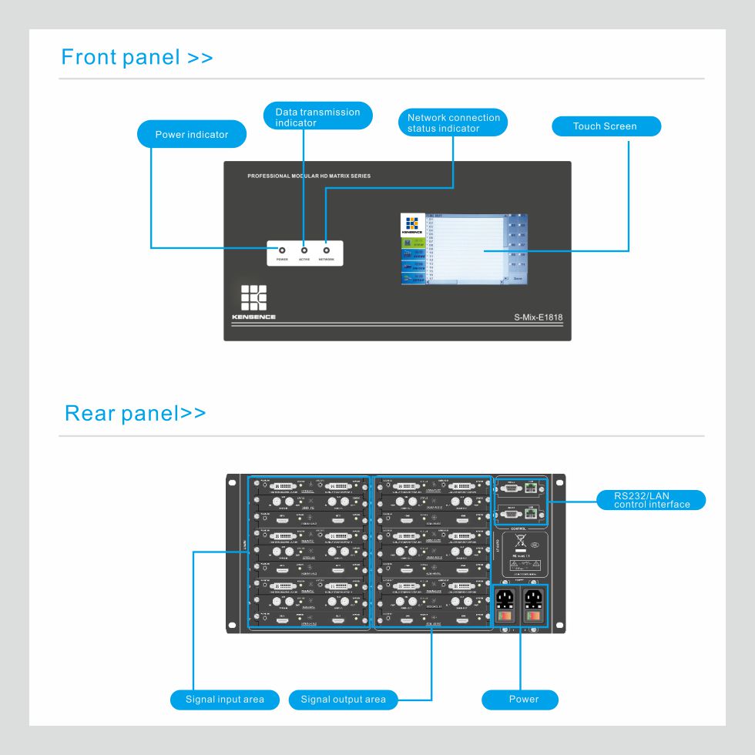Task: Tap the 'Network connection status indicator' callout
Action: coord(454,122)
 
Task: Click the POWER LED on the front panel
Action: coord(282,250)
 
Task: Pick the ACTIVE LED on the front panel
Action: coord(304,250)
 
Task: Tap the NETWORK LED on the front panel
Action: coord(327,250)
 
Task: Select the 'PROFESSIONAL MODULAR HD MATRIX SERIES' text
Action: coord(309,176)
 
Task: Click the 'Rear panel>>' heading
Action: coord(135,414)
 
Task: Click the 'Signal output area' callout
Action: coord(344,700)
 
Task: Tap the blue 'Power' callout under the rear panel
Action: coord(520,700)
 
